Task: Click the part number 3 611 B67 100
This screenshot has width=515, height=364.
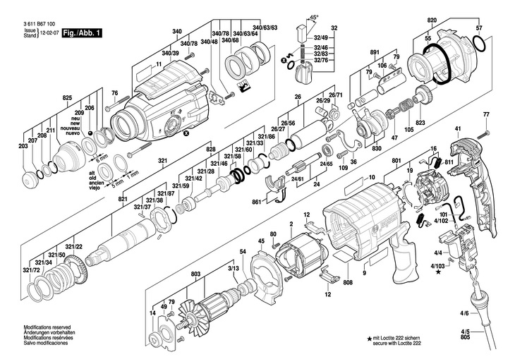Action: (40, 24)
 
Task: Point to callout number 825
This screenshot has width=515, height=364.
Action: (67, 97)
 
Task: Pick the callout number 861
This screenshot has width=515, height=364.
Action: (258, 202)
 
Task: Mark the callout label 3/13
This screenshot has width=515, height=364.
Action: (233, 269)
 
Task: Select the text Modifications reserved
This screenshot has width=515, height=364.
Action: (49, 328)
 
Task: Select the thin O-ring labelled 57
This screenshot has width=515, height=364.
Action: (480, 45)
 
